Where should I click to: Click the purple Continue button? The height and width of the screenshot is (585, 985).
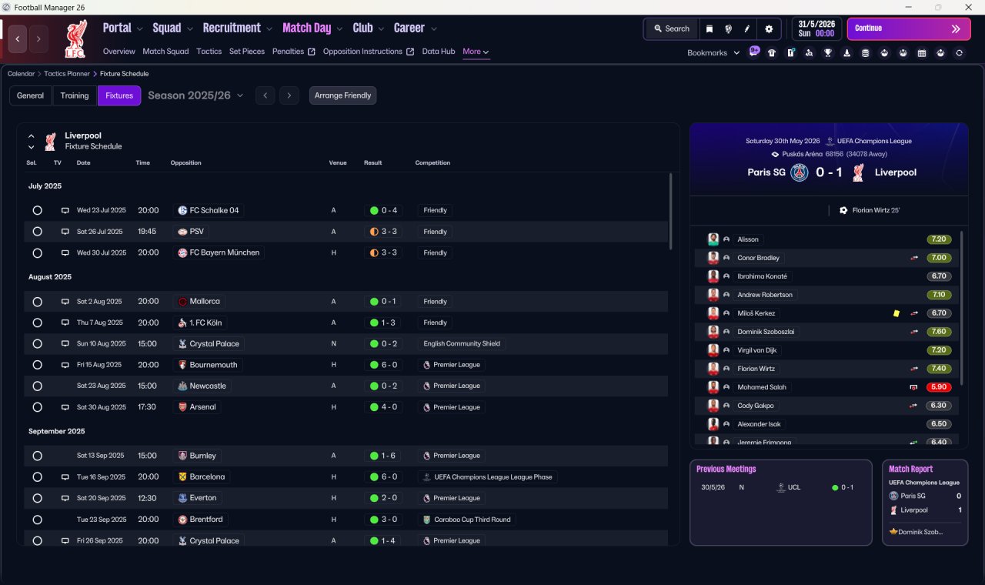pos(909,28)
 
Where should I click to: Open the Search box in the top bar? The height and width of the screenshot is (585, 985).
pos(672,28)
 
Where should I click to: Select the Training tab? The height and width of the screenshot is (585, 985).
pos(75,95)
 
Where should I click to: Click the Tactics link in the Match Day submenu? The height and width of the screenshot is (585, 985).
pos(209,52)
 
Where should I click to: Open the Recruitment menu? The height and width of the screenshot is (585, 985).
pos(232,28)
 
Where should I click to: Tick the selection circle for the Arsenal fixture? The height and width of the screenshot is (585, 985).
pos(38,407)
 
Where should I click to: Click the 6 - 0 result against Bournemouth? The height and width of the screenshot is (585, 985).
pos(389,365)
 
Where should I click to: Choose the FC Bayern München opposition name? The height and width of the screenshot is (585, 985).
pos(224,252)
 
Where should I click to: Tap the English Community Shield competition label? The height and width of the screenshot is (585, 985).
pos(462,343)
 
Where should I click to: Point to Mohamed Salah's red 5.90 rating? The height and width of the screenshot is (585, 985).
pos(938,387)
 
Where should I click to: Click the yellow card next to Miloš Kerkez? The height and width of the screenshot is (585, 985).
pos(897,313)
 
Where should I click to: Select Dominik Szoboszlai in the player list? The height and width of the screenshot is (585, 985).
pos(766,332)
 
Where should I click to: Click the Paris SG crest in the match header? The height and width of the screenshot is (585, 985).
pos(799,172)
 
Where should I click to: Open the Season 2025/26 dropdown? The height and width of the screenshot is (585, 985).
pos(195,95)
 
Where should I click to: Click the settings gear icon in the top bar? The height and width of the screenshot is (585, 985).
pos(769,29)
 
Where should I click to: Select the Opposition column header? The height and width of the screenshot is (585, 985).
pos(185,162)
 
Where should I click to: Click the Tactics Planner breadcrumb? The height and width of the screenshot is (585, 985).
pos(67,74)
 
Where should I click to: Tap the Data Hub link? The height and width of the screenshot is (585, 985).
pos(439,52)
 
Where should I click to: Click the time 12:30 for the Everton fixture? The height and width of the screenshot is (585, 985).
pos(147,498)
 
